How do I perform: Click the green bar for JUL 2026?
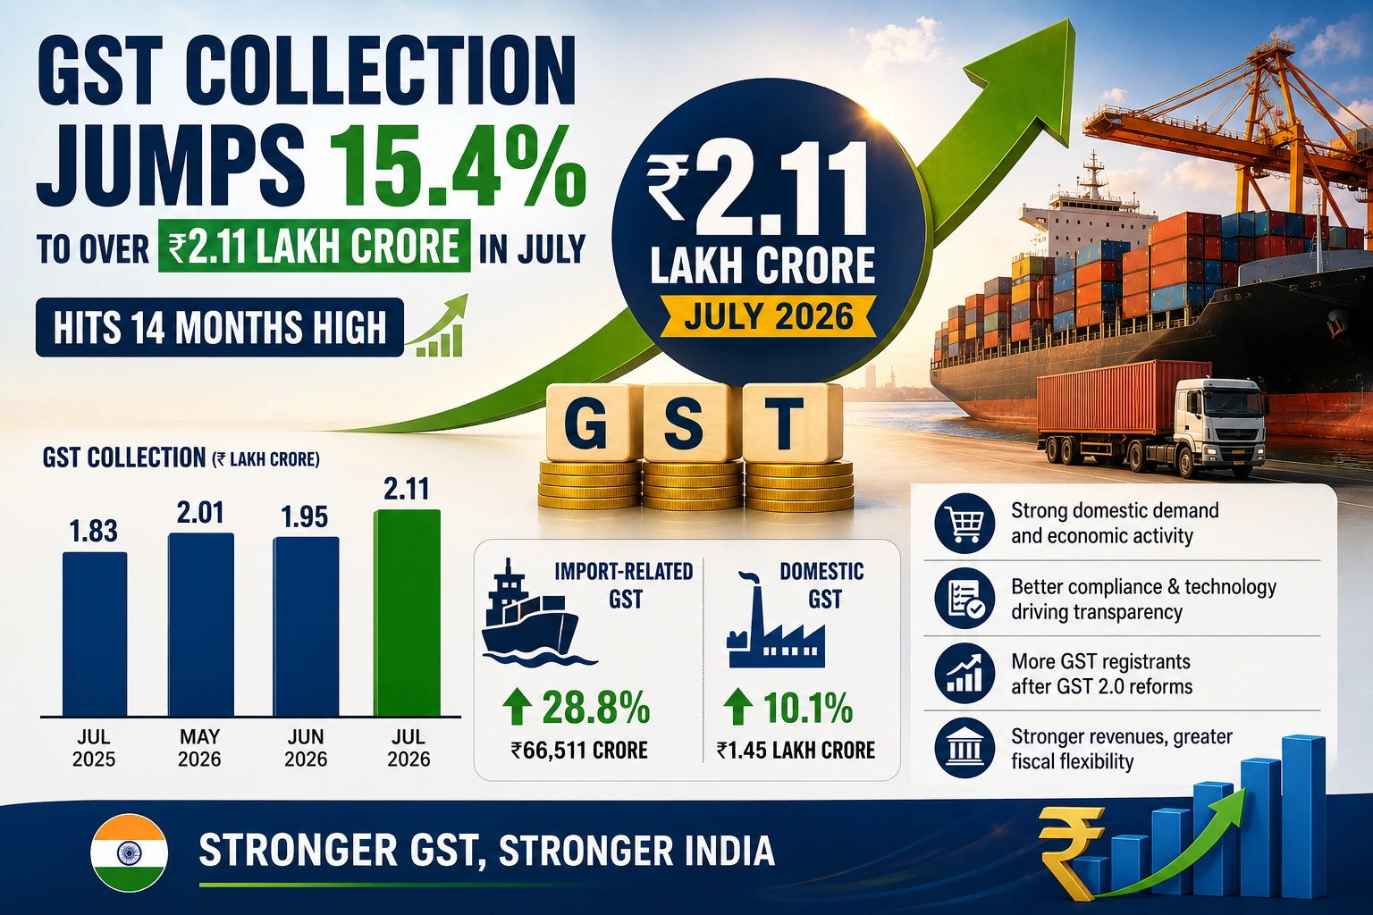[407, 613]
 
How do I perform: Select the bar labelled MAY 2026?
[201, 625]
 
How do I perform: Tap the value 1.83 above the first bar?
[93, 531]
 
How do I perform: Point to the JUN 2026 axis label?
[306, 748]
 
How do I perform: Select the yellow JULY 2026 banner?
[769, 316]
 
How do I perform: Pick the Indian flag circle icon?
[129, 852]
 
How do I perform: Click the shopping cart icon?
[964, 523]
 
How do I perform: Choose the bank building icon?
[964, 748]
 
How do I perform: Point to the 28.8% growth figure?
[577, 708]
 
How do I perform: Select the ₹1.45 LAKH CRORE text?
[796, 751]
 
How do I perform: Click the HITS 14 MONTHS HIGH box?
[219, 327]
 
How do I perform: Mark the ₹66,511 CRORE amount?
[579, 751]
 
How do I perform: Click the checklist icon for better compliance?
[964, 598]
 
